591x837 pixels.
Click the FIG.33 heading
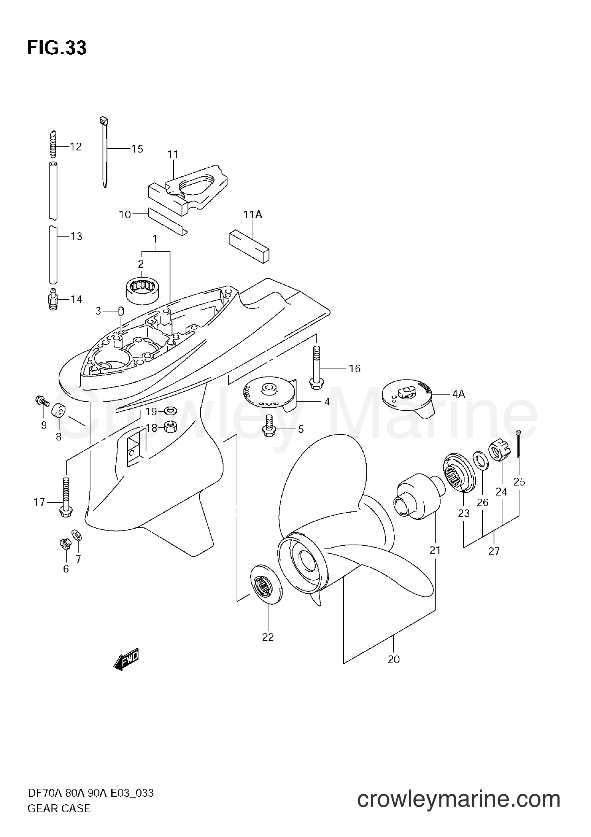[x=57, y=48]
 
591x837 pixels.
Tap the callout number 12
[x=75, y=147]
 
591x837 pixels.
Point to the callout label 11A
[x=253, y=215]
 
